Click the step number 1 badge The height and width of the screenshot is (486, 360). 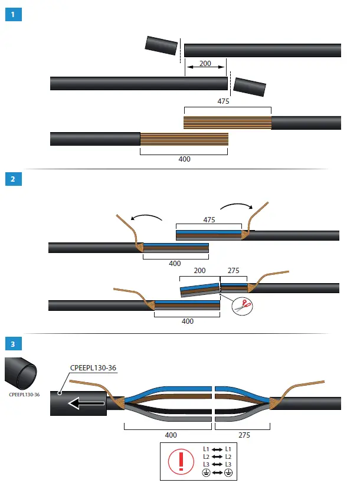13,14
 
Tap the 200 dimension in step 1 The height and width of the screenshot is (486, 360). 205,63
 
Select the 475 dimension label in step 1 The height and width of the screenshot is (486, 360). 223,101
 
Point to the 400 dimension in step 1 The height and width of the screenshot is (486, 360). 184,159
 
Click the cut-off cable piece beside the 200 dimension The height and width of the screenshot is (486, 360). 162,46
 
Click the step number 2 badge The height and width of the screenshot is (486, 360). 13,179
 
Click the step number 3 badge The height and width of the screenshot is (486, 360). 13,343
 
